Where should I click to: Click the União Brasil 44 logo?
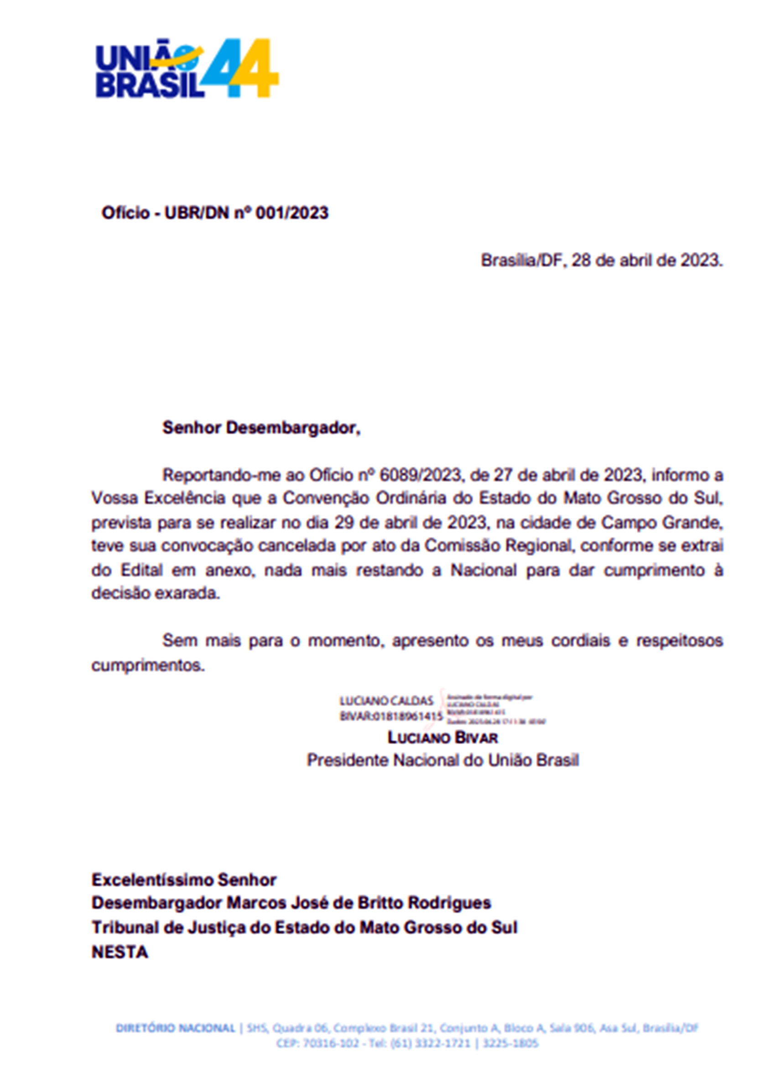coord(187,69)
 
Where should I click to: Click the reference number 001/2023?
coord(291,213)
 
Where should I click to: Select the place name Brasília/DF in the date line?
coord(520,260)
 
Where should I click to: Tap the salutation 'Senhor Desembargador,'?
coord(261,428)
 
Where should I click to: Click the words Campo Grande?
coord(662,523)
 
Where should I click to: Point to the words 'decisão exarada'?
coord(156,593)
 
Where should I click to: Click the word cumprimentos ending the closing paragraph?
coord(148,666)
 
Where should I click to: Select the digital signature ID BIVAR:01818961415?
coord(391,717)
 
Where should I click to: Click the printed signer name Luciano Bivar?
coord(442,738)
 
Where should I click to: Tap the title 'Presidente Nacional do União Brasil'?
coord(442,760)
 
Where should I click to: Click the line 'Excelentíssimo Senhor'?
coord(184,880)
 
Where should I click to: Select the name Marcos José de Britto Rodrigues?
coord(359,903)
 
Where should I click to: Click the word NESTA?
coord(120,952)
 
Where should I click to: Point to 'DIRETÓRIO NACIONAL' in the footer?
coord(175,1028)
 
